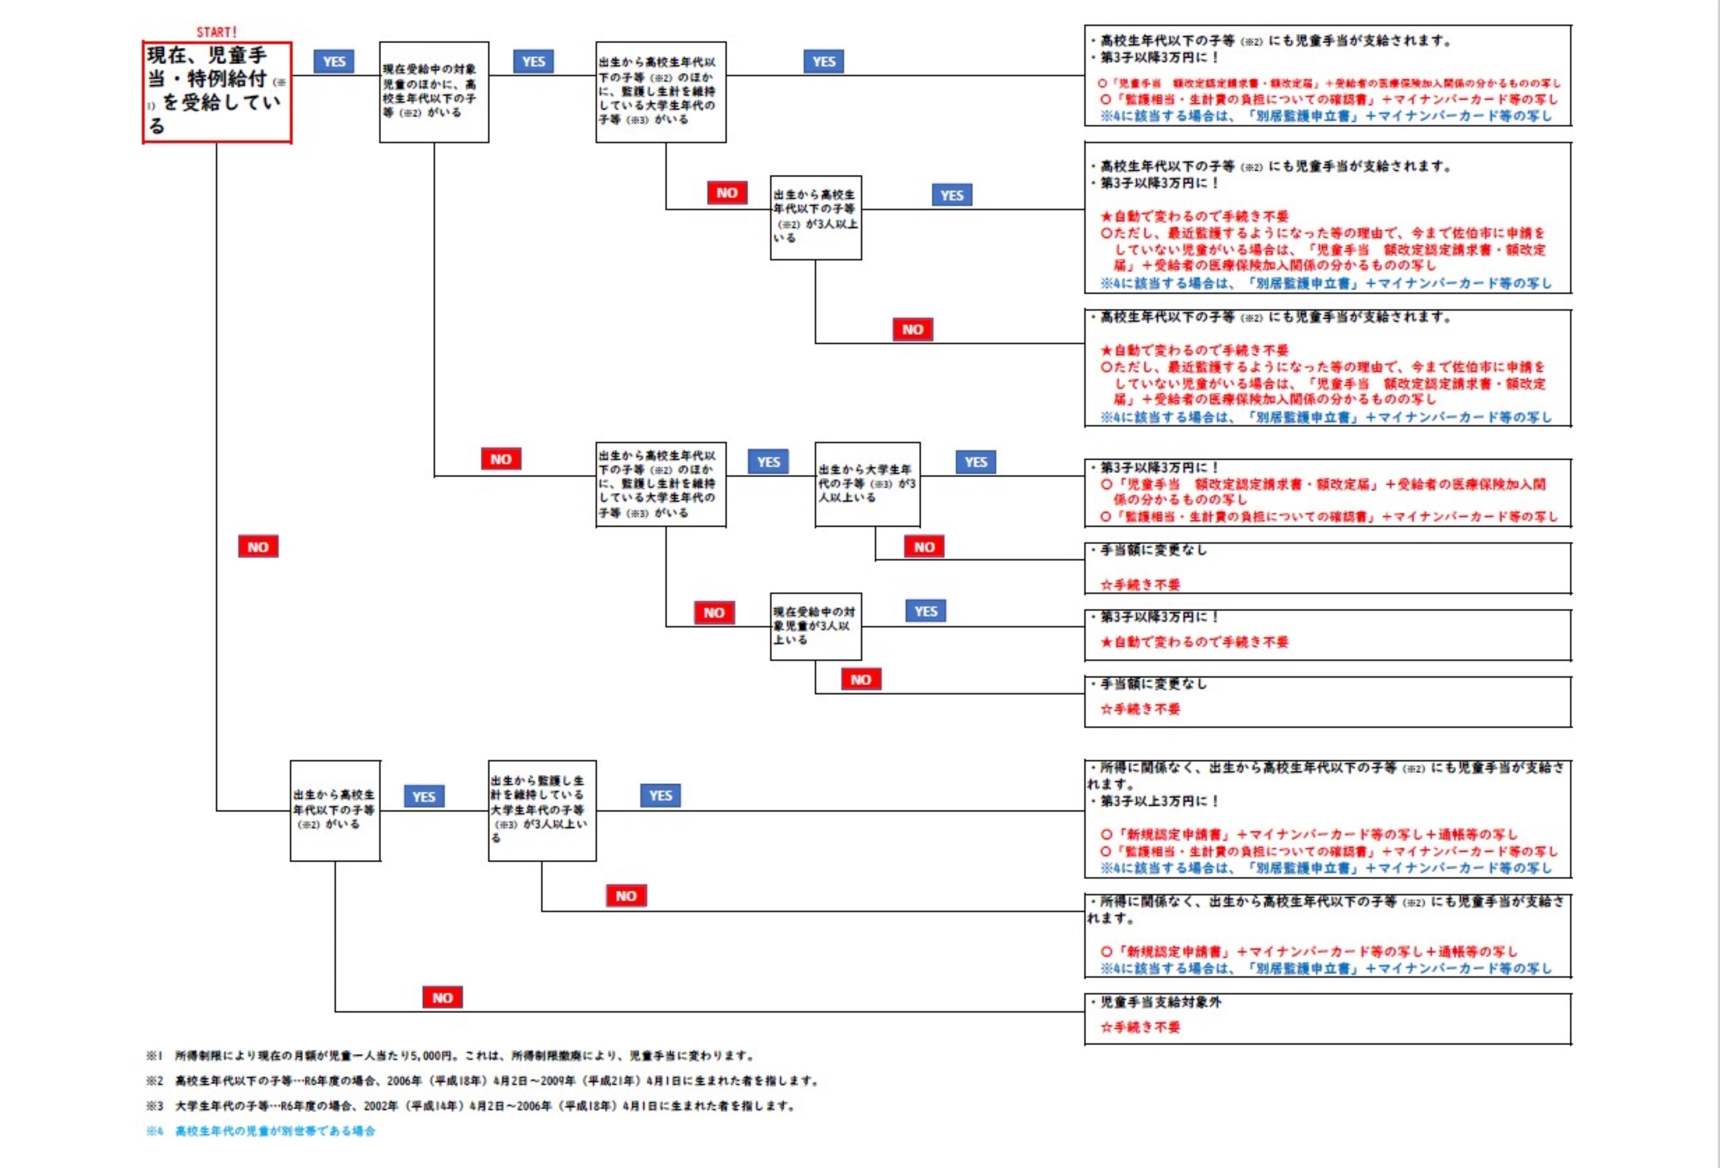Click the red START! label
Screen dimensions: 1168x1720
coord(216,32)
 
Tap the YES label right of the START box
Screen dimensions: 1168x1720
coord(334,61)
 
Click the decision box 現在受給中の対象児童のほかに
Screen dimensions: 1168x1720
coord(434,92)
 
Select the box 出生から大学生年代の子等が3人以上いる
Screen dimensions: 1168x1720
coord(867,484)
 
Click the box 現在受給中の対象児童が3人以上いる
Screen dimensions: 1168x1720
coord(816,626)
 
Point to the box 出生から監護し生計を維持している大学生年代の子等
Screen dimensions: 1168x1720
coord(542,810)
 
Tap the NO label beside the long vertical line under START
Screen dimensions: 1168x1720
coord(257,547)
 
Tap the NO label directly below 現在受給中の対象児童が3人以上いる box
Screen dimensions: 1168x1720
coord(861,679)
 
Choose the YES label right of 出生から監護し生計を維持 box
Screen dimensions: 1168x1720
coord(660,795)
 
